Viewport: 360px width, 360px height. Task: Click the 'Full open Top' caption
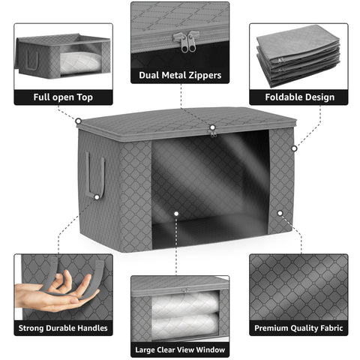pos(63,97)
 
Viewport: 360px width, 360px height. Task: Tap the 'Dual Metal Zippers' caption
pos(180,74)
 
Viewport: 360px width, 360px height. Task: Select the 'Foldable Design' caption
pos(298,97)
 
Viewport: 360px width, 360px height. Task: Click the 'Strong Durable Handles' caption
pos(63,328)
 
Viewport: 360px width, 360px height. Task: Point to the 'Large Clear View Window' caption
pos(180,349)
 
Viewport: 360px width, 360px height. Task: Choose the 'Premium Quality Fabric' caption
pos(298,328)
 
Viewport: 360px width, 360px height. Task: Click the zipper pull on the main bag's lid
pos(213,132)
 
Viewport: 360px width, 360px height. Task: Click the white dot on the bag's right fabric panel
pos(279,212)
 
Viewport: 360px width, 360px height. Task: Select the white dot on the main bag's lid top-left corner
pos(78,119)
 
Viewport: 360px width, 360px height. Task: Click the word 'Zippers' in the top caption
pos(203,74)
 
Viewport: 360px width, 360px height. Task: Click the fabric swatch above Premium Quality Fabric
pos(298,286)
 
